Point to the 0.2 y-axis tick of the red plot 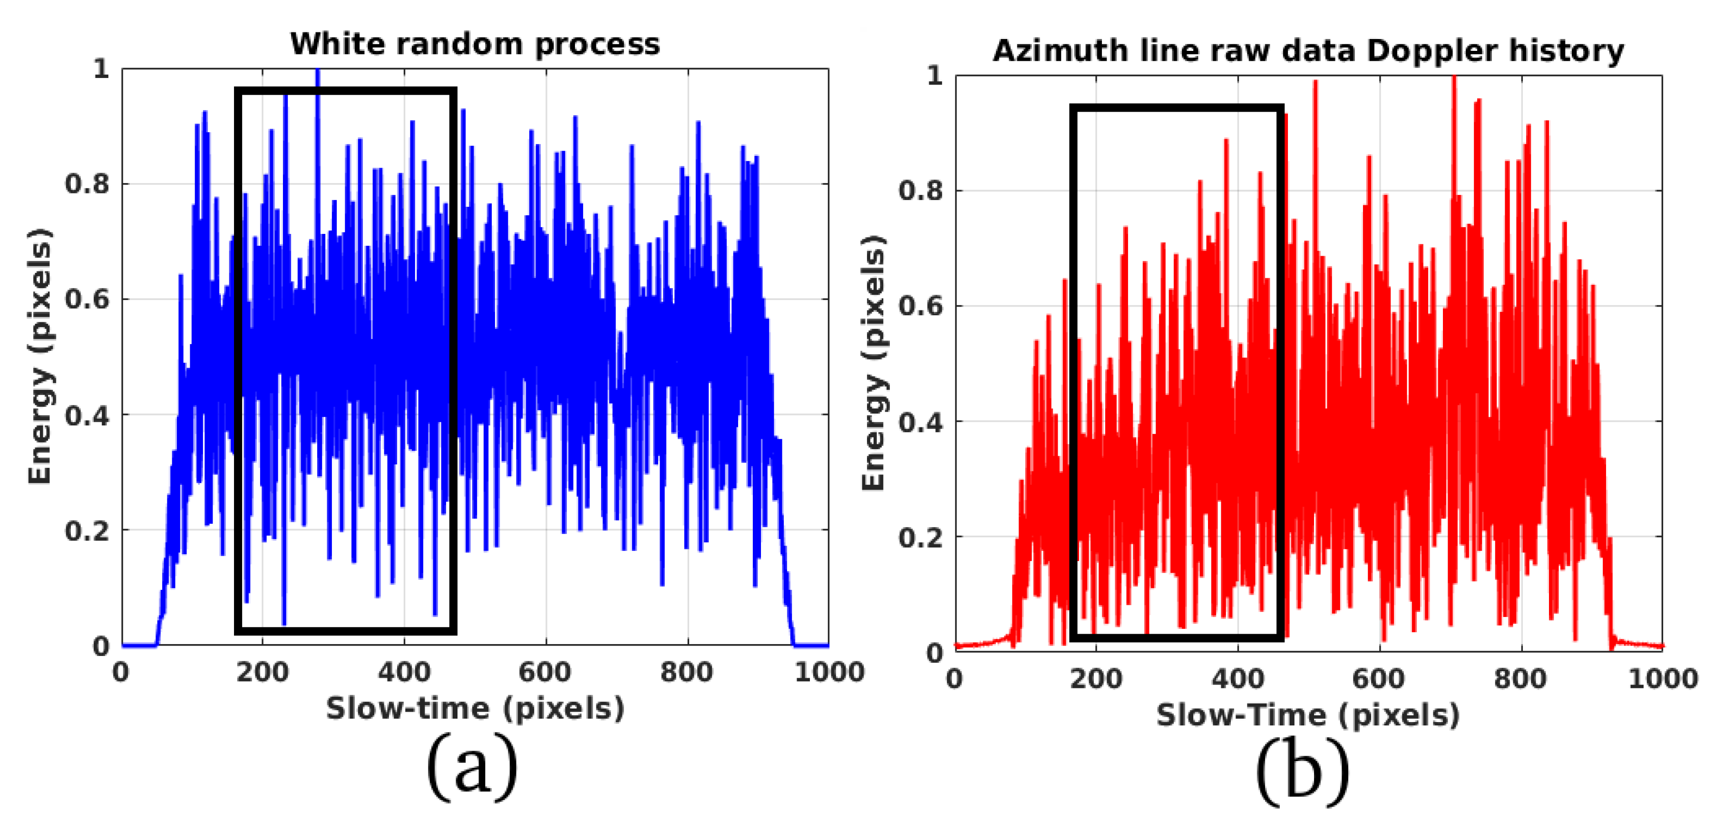point(921,537)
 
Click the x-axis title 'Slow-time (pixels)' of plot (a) point(475,708)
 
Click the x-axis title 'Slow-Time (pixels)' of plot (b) point(1308,715)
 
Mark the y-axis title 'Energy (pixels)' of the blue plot point(40,357)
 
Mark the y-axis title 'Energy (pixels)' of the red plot point(873,363)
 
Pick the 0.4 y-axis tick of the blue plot point(87,415)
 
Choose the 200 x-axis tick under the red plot point(1096,679)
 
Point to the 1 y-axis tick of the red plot point(935,75)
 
